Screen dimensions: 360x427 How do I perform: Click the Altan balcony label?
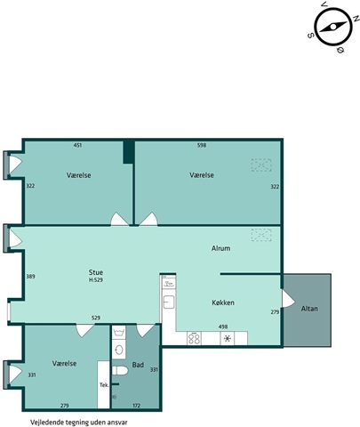309,309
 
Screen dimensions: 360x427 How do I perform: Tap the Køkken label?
223,302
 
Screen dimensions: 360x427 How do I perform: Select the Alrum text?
220,248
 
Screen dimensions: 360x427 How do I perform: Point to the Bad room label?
138,365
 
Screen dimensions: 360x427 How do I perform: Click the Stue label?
96,272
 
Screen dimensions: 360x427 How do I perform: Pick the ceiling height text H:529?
96,279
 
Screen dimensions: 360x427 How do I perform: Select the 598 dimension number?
202,145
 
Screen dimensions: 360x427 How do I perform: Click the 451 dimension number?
77,145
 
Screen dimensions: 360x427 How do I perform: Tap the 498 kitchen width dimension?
223,326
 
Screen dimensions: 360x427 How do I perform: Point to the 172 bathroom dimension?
136,406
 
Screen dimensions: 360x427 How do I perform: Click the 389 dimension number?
30,277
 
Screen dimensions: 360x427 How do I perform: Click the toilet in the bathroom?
120,370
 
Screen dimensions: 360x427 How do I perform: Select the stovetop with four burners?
194,338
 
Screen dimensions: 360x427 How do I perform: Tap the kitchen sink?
169,302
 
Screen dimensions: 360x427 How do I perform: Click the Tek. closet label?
104,385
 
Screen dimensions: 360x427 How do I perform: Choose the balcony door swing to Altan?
288,299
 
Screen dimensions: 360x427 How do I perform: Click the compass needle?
333,28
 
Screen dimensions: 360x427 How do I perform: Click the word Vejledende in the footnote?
44,423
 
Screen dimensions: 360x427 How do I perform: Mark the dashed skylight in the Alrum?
261,235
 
